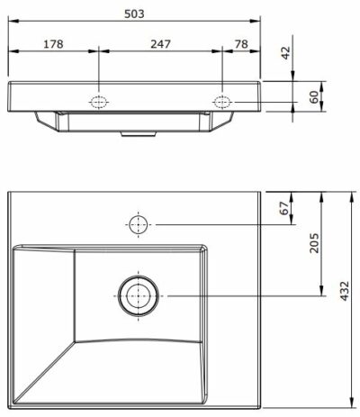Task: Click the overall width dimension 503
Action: (135, 14)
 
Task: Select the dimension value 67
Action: (283, 209)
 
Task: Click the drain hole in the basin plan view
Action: (138, 296)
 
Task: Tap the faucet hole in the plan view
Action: (138, 223)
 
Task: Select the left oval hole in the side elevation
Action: (97, 101)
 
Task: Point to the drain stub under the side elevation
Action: (136, 131)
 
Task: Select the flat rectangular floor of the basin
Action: (138, 296)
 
